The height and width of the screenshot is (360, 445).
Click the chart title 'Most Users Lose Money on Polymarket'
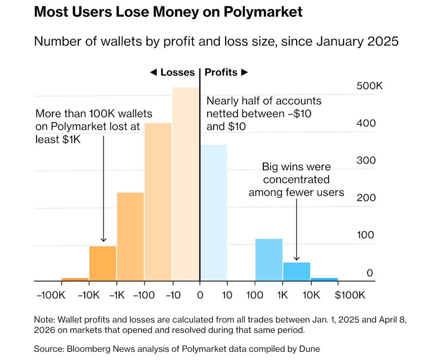click(168, 12)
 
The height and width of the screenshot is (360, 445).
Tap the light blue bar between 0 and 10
click(214, 213)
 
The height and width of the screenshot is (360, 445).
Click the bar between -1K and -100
click(130, 236)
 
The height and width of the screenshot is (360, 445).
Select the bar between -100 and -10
click(158, 202)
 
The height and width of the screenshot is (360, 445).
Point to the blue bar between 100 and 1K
click(269, 259)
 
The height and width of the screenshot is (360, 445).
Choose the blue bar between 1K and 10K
click(297, 272)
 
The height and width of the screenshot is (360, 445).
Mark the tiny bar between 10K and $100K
click(324, 279)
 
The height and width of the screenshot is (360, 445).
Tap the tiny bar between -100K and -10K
click(75, 279)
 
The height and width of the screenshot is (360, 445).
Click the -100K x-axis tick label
click(51, 295)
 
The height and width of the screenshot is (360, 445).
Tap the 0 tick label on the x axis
click(200, 295)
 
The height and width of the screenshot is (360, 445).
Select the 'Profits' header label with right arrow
click(227, 72)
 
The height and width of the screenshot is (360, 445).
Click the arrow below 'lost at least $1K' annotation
click(103, 195)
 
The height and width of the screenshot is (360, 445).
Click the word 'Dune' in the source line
click(309, 349)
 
